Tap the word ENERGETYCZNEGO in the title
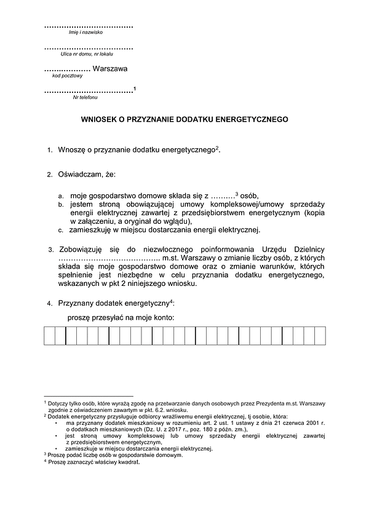254,121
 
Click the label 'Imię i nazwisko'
89,33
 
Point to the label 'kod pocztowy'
68,76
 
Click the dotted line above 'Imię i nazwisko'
89,26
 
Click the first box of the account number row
49,337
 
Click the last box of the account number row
320,337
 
